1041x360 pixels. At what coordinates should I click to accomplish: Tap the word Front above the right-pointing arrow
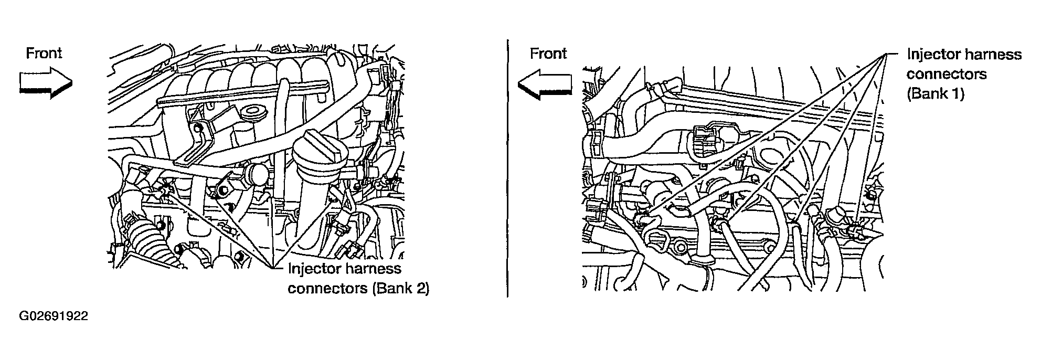(x=44, y=53)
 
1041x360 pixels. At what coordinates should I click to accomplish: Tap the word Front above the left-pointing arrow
(x=548, y=53)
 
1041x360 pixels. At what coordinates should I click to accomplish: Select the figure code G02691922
(x=54, y=316)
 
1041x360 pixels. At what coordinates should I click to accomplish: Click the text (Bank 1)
(x=935, y=94)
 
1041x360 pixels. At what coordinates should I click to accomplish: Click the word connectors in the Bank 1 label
(x=947, y=74)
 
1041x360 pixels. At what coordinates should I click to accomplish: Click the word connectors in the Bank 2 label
(x=328, y=289)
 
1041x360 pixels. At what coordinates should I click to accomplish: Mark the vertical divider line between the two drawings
(x=507, y=168)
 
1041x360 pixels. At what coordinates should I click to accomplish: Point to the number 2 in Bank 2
(x=421, y=289)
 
